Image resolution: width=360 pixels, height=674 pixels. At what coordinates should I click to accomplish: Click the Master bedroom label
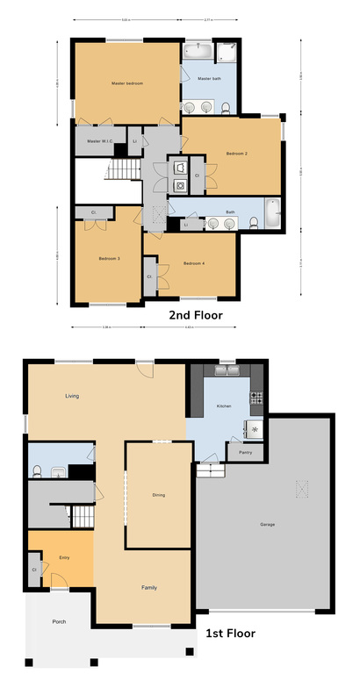[127, 83]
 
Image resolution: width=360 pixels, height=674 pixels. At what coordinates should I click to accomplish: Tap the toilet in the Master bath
[226, 107]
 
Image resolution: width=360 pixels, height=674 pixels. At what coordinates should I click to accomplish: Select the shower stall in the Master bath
[227, 52]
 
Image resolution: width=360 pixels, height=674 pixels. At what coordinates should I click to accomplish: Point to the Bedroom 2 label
[236, 154]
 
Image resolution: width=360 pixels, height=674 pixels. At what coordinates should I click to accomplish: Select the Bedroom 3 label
[109, 259]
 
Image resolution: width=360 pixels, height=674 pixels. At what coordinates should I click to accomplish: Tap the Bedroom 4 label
[194, 263]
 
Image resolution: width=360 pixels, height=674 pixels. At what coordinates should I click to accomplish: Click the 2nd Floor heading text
[195, 314]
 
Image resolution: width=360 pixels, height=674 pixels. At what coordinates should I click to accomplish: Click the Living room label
[72, 397]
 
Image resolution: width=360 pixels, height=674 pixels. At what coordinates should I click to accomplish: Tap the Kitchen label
[222, 406]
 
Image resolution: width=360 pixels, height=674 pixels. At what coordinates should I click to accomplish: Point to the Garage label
[268, 525]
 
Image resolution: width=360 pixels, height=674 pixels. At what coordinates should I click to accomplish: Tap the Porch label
[59, 621]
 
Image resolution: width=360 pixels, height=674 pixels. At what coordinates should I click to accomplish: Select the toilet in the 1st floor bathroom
[36, 470]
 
